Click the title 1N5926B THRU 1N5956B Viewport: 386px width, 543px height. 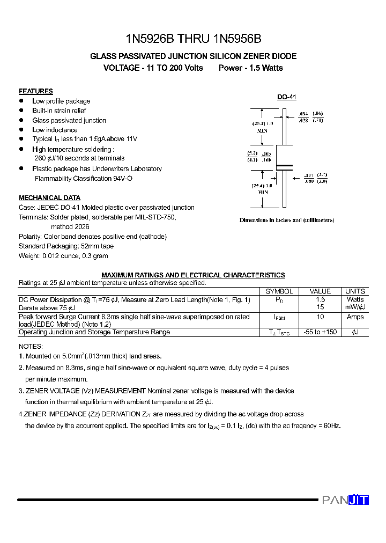pos(193,39)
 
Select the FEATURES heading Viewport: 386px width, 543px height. pos(36,91)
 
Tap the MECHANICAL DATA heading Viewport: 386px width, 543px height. pos(49,197)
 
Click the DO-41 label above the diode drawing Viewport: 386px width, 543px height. pos(286,97)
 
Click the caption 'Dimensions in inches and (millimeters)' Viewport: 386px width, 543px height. pos(286,220)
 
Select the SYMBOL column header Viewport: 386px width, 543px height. pos(279,291)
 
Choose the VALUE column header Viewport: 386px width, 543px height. pos(321,291)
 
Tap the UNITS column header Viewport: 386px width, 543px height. pos(355,291)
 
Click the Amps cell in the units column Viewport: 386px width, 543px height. pos(355,317)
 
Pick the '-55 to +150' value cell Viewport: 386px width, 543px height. pos(321,332)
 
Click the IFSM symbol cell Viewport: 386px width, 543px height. pos(279,318)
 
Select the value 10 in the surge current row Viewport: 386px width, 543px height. pos(321,317)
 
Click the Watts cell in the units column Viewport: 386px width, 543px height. pos(355,299)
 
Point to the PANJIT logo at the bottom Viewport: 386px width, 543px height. pos(345,500)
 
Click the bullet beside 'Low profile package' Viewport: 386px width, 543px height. pos(21,101)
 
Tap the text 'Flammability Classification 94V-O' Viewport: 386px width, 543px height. pos(84,178)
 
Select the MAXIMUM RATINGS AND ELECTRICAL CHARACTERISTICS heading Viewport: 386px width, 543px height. pos(193,275)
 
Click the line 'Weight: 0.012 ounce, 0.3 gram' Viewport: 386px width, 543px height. pos(63,256)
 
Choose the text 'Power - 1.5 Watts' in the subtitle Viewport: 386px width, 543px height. pos(250,68)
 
